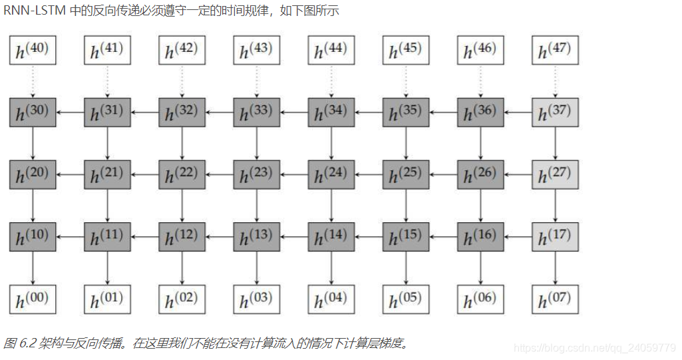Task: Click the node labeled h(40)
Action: click(32, 51)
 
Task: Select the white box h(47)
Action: click(555, 51)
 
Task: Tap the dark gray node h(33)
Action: click(256, 112)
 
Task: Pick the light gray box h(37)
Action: click(555, 112)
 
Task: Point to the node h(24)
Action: click(331, 174)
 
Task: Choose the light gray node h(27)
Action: click(555, 174)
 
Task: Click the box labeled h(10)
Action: click(32, 236)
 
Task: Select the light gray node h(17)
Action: click(555, 236)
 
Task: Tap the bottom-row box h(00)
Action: click(32, 299)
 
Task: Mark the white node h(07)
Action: click(555, 299)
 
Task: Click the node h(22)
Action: click(182, 174)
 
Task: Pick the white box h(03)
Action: click(256, 299)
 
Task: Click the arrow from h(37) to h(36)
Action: click(518, 112)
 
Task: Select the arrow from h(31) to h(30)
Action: click(69, 112)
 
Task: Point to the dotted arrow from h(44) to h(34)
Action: click(331, 81)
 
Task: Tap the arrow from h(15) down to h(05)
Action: click(406, 268)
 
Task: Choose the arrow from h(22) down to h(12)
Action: click(182, 206)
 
